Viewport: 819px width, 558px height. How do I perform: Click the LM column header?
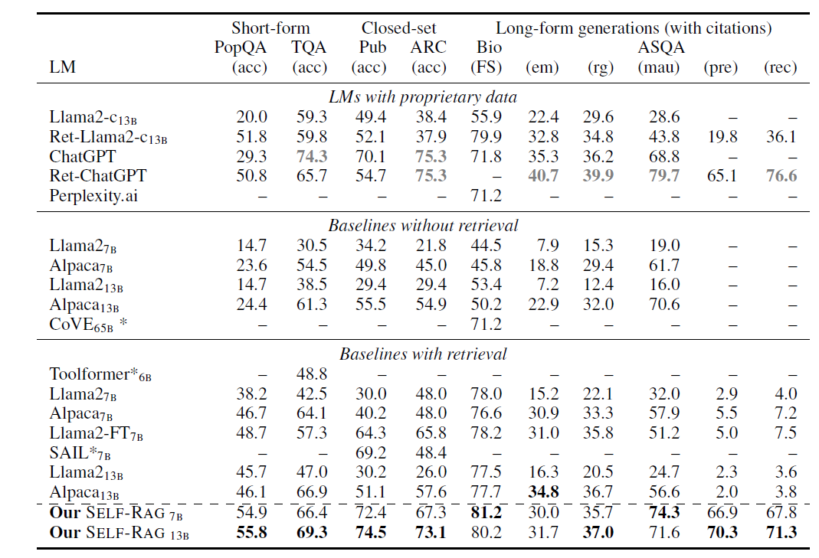point(62,67)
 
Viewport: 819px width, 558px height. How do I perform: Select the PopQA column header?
point(241,47)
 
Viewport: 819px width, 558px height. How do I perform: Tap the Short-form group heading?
point(270,28)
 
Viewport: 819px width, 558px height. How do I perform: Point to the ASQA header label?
point(660,47)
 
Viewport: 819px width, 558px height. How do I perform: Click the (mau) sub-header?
point(659,67)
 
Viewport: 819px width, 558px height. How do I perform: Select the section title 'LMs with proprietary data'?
point(423,97)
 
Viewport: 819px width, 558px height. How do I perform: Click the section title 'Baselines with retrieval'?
point(423,354)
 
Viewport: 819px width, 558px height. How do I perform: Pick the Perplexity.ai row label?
point(93,196)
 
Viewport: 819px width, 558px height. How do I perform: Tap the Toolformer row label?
point(100,374)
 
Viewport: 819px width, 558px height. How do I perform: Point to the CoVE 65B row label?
point(88,324)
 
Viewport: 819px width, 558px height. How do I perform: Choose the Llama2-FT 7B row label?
point(96,433)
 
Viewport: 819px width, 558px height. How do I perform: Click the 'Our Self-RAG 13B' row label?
point(119,533)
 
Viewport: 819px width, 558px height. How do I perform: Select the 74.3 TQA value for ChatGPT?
point(312,156)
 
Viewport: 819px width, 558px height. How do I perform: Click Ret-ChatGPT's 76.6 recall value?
point(781,175)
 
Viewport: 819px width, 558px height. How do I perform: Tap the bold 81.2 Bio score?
point(486,512)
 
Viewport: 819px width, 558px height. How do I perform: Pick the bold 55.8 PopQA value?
point(252,533)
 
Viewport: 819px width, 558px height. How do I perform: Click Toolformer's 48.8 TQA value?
point(312,374)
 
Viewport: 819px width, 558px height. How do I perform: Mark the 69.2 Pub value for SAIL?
point(371,452)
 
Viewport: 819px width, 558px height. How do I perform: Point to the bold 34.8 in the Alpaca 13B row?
point(543,491)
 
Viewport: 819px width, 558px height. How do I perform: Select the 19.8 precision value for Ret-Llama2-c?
point(722,137)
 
